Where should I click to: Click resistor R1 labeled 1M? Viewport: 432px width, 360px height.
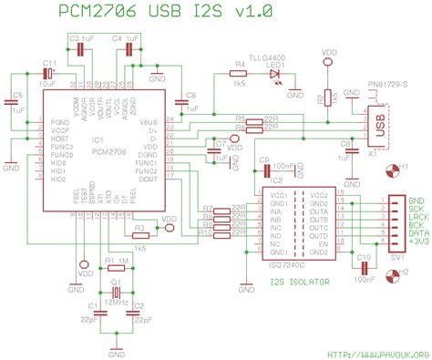116,268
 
